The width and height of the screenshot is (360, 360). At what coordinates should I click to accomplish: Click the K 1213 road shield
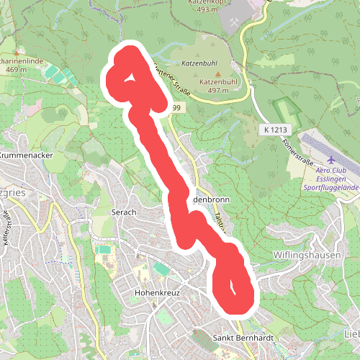click(275, 130)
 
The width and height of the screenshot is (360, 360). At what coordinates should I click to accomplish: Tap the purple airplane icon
click(331, 160)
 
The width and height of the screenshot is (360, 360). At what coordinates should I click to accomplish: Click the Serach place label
click(125, 212)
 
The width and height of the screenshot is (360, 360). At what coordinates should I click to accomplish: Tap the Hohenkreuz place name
click(156, 294)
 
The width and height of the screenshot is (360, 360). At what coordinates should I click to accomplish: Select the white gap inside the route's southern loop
click(233, 286)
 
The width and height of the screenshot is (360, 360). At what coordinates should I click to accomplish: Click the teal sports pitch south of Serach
click(104, 250)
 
